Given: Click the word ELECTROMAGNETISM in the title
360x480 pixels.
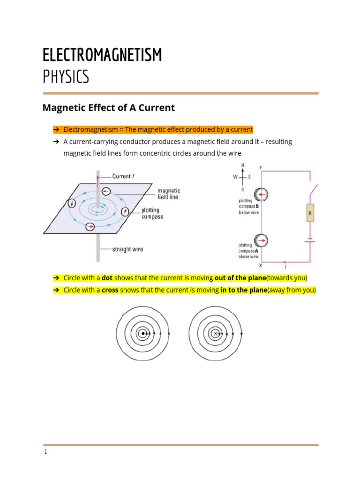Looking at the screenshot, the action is tap(102, 55).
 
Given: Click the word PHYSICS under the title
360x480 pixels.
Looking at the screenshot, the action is tap(66, 76).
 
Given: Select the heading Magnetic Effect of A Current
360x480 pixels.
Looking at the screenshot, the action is tap(109, 108).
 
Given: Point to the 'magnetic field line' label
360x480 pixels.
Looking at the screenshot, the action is tap(169, 194).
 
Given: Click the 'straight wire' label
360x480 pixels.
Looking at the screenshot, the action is tap(127, 249).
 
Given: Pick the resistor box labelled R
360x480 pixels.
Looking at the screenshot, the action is tap(310, 213).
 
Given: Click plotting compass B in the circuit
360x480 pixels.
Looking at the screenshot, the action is tap(261, 194).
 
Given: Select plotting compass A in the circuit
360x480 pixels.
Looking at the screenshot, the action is tap(261, 240).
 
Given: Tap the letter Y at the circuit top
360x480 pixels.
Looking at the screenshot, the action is tap(261, 167).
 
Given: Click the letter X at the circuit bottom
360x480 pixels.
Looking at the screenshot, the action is tap(261, 266).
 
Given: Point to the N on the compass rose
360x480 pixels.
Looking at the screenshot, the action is tap(242, 165).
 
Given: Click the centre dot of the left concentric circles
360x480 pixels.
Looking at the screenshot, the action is tap(142, 334).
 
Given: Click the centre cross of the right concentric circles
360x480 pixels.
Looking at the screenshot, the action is tap(215, 334).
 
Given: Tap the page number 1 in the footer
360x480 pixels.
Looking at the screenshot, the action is tap(45, 452).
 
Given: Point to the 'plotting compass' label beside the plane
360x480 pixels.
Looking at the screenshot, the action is tap(152, 214).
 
